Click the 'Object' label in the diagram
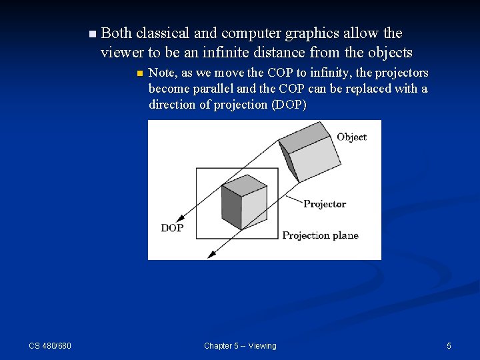351,137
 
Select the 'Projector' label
324,204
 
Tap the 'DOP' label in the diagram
172,228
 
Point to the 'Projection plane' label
320,235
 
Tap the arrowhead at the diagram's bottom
213,253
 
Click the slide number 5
449,345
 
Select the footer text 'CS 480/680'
50,345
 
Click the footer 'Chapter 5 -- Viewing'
240,345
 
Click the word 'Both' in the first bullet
116,33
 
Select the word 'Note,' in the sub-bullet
163,73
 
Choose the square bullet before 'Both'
92,33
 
